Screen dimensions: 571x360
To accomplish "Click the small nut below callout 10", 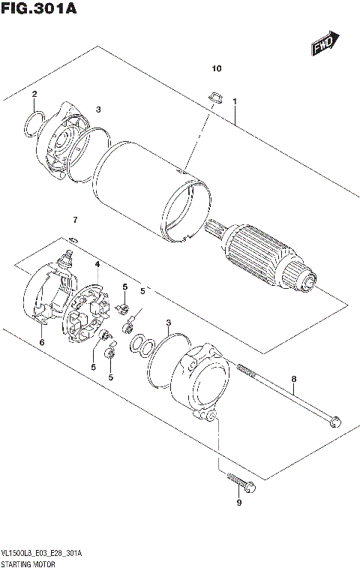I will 213,96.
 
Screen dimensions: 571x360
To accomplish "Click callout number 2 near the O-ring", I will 34,94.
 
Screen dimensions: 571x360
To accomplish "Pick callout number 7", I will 74,219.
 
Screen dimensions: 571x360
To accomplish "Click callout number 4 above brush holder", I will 97,265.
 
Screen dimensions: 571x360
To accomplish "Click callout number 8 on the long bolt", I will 294,380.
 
